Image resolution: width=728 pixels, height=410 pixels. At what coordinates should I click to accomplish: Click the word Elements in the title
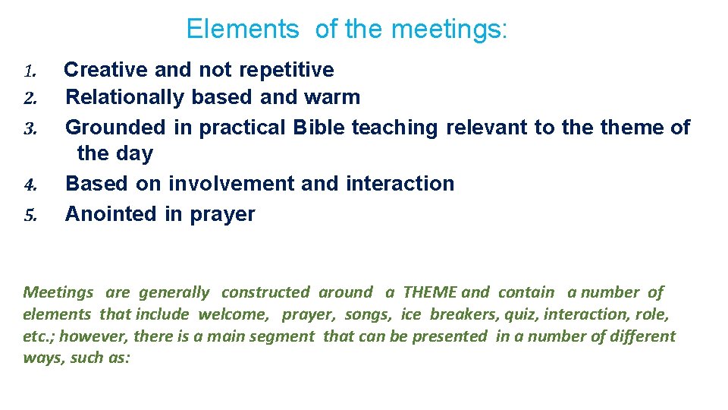click(243, 30)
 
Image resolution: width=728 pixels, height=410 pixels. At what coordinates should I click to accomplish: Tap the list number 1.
click(30, 72)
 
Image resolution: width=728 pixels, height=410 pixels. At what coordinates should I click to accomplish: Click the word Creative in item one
click(106, 70)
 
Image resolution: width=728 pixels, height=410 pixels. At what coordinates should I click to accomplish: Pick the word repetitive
click(287, 70)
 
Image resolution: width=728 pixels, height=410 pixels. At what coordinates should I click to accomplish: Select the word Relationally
click(125, 97)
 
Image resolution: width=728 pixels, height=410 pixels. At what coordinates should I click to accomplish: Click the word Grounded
click(116, 128)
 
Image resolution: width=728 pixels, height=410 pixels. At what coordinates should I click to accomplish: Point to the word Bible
click(318, 128)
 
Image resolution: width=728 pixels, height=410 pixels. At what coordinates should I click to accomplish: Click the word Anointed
click(111, 214)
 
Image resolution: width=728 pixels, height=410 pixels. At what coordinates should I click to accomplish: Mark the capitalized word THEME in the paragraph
click(429, 292)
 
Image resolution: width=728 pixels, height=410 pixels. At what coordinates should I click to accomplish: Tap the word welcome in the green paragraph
click(233, 314)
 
